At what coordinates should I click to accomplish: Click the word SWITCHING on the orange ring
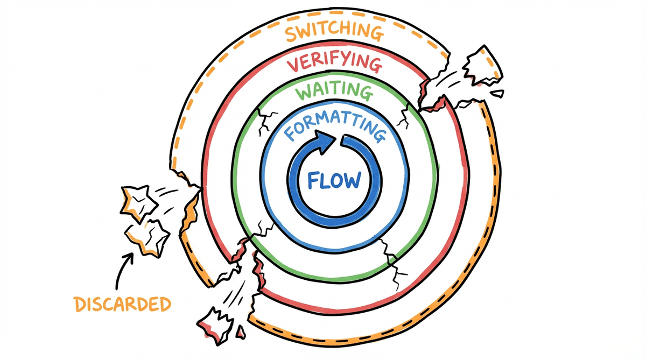334,33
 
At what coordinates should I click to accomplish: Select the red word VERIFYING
334,64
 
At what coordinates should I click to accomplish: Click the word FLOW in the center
334,180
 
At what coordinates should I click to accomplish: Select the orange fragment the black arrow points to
146,236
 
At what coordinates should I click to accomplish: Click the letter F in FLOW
314,180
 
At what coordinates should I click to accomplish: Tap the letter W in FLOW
353,180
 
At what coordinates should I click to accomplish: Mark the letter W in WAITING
304,93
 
